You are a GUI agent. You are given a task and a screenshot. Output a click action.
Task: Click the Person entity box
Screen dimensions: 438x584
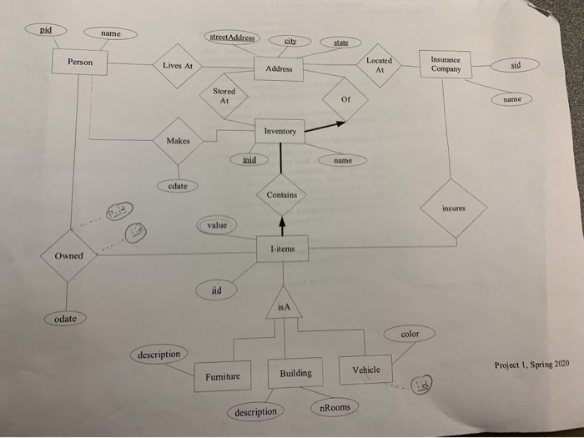coord(80,62)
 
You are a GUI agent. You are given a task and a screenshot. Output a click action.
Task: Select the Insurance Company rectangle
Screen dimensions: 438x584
coord(446,65)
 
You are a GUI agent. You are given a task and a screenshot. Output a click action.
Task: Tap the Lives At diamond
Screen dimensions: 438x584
coord(177,66)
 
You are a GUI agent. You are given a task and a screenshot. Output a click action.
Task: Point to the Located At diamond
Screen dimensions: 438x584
coord(380,67)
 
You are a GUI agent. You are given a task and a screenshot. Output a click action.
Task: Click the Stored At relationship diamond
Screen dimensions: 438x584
coord(224,96)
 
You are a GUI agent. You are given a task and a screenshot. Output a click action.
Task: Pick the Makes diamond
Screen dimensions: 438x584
coord(178,141)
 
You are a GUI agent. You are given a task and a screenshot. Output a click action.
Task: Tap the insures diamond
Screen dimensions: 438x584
coord(454,208)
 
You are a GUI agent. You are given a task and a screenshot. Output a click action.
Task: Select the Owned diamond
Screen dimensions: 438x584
coord(69,255)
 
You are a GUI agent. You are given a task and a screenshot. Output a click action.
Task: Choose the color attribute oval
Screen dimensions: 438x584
coord(410,334)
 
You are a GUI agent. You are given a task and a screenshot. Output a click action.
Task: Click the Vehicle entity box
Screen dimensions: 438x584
coord(365,370)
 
